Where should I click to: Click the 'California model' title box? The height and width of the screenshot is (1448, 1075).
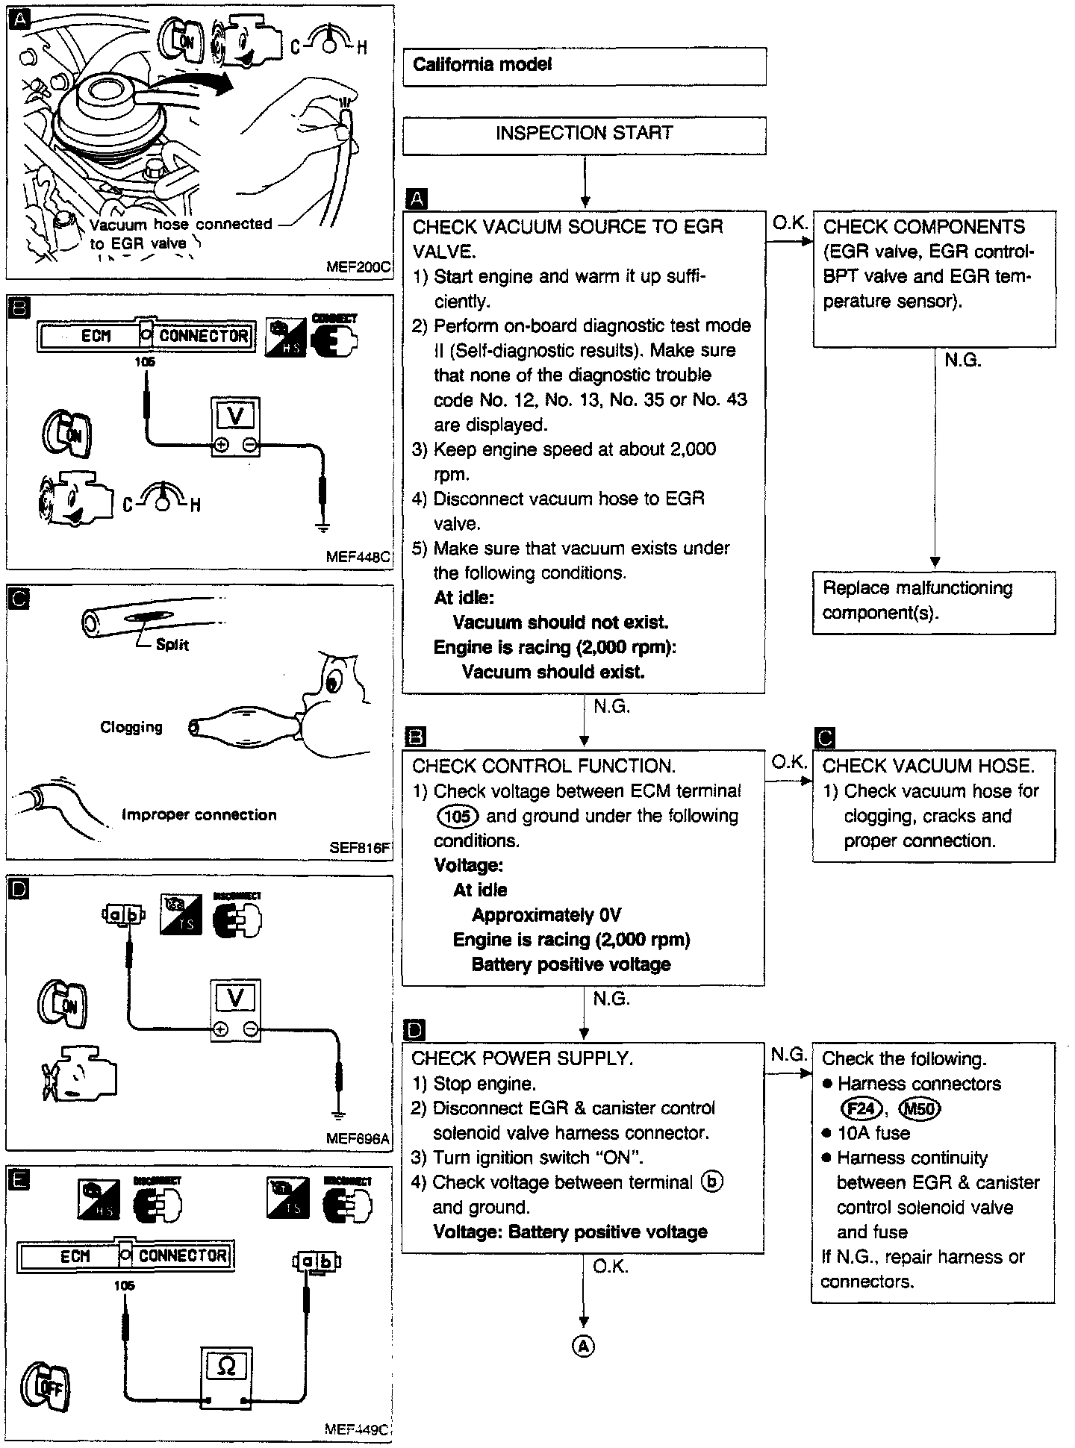[x=584, y=66]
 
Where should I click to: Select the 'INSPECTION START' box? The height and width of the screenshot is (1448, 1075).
[x=584, y=134]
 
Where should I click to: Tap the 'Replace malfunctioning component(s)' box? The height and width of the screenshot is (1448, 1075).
[x=933, y=602]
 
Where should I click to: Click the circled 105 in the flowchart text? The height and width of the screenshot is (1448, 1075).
[x=457, y=816]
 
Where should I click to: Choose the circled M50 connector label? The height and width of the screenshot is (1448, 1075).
[x=920, y=1108]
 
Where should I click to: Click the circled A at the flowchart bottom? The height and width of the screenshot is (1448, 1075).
[x=584, y=1345]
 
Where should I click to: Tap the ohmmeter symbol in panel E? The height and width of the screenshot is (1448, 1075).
[x=225, y=1365]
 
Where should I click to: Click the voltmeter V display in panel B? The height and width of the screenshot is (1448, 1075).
[x=235, y=416]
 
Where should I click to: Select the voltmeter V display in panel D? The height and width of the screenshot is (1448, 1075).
[x=235, y=998]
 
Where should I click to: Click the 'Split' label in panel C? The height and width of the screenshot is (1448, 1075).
[x=172, y=645]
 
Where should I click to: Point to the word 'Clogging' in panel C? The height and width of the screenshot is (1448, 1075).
[x=131, y=727]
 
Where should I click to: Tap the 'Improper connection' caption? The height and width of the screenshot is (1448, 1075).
[x=199, y=815]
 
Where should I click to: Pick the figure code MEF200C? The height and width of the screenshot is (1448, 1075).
[x=358, y=266]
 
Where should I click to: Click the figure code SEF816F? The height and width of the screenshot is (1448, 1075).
[x=360, y=848]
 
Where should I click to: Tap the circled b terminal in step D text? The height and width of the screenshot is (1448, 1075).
[x=712, y=1182]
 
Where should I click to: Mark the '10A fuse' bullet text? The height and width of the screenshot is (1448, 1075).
[x=873, y=1133]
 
